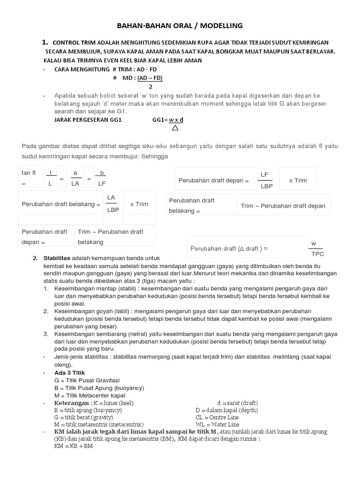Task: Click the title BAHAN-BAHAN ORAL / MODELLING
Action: (180, 26)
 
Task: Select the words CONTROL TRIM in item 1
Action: (75, 43)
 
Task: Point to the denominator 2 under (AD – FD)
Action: (150, 87)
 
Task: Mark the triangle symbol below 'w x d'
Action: (175, 127)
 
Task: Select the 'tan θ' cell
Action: (29, 173)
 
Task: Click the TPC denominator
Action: (317, 254)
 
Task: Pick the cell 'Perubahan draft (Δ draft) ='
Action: (229, 248)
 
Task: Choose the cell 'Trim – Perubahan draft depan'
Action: (283, 206)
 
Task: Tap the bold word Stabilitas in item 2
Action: (57, 258)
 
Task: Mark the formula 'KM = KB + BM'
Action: (74, 446)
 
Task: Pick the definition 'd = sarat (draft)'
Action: (238, 403)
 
